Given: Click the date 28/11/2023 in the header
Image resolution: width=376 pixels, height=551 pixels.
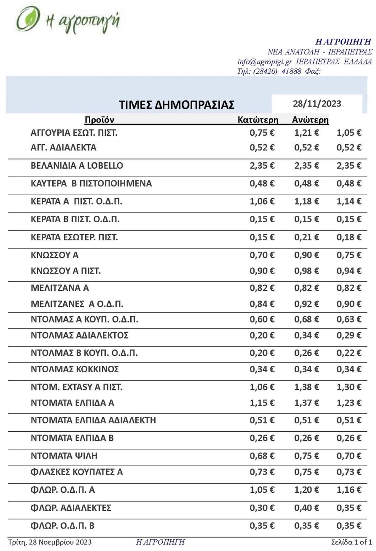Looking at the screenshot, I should click(x=317, y=104).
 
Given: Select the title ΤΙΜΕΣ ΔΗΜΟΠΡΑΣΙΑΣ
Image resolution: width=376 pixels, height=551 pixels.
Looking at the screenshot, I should click(x=176, y=105).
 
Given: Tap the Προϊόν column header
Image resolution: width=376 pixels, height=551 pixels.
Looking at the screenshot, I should click(x=99, y=120).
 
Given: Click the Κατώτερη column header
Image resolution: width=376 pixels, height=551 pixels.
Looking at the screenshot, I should click(x=258, y=120).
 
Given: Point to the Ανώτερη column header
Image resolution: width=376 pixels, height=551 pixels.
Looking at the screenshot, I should click(x=310, y=120).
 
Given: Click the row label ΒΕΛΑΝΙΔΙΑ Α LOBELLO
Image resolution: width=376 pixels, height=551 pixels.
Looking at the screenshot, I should click(x=77, y=165).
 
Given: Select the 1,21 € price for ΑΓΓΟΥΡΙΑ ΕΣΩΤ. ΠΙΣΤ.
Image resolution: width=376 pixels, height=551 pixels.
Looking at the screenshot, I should click(x=306, y=133).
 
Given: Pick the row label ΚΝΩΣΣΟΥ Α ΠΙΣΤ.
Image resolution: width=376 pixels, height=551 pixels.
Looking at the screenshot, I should click(x=65, y=271).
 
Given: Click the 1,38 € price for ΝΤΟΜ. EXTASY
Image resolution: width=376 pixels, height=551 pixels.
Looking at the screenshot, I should click(x=306, y=387).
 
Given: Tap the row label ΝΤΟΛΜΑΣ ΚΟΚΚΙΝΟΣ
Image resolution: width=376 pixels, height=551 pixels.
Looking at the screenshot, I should click(x=75, y=369).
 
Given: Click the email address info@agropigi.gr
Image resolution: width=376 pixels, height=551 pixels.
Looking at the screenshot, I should click(x=264, y=61).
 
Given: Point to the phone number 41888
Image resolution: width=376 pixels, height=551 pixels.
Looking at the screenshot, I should click(x=291, y=71).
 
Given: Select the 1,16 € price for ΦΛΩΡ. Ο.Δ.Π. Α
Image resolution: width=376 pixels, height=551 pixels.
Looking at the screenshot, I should click(x=349, y=490).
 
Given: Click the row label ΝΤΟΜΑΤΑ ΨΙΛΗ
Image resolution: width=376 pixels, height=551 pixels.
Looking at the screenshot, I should click(x=64, y=456).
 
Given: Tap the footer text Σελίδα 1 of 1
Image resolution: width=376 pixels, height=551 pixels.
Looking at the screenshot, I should click(x=351, y=542).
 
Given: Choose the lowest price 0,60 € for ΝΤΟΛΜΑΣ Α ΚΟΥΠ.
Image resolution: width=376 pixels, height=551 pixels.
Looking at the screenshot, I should click(x=262, y=319).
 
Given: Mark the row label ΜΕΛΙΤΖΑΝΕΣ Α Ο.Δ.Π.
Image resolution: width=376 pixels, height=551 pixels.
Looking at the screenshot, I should click(x=77, y=304).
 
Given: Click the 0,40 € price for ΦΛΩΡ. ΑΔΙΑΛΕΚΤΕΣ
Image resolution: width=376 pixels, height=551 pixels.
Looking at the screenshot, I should click(x=306, y=508).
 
